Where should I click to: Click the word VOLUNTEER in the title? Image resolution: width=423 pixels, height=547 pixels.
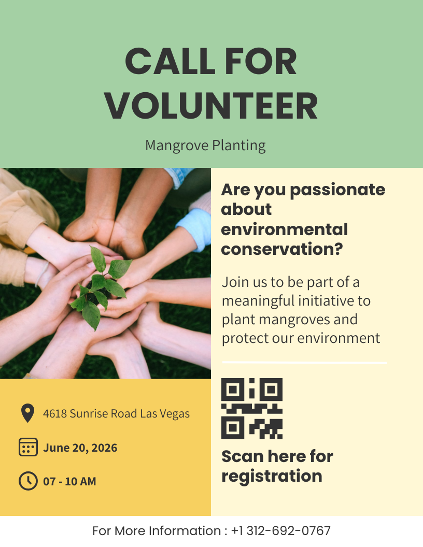[211, 106]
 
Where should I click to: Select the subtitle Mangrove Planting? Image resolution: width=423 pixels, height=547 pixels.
[205, 146]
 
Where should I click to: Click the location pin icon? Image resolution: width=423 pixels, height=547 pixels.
[27, 413]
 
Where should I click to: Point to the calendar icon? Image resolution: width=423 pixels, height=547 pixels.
[28, 447]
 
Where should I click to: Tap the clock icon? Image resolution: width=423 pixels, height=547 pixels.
[28, 481]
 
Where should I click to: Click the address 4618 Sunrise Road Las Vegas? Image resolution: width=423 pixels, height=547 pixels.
[116, 414]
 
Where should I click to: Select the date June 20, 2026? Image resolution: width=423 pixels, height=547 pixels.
[80, 448]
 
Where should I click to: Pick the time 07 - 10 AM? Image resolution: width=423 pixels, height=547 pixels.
[69, 481]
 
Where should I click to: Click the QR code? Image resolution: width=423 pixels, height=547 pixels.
[252, 409]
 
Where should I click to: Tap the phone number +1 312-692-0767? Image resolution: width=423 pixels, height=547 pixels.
[281, 531]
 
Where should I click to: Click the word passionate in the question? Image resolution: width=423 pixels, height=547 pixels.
[337, 190]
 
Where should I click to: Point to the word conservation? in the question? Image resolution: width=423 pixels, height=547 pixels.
[282, 249]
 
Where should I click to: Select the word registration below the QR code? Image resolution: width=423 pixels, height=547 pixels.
[272, 476]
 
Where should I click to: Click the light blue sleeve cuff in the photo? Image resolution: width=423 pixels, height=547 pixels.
[195, 228]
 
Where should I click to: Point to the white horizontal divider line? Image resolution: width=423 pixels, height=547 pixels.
[304, 363]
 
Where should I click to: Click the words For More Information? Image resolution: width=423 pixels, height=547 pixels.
[157, 531]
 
